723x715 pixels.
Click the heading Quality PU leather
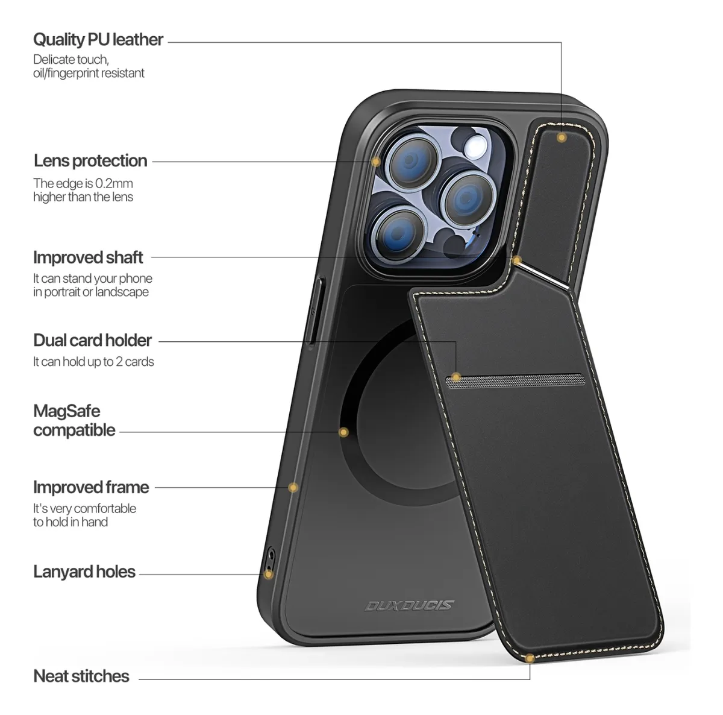pos(98,39)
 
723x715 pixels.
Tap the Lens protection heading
pos(90,161)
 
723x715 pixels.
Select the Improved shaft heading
pos(88,257)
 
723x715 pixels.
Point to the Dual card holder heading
pos(92,341)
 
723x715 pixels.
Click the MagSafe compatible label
pos(74,421)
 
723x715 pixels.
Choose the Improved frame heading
pos(91,488)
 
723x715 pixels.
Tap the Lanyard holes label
pos(84,572)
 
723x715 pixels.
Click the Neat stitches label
pos(81,676)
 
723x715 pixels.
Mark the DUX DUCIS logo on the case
pos(410,606)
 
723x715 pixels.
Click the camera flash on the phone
pos(476,146)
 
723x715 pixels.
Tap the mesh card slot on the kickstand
pos(515,380)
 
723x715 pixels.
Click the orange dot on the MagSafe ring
pos(343,432)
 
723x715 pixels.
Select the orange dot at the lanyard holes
pos(268,575)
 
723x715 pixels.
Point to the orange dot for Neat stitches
pos(530,658)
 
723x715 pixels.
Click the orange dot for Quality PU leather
pos(562,137)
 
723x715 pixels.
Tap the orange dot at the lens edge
pos(375,162)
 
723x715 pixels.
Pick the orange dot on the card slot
pos(456,377)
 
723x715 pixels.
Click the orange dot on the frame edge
pos(293,488)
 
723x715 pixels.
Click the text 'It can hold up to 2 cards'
pos(93,362)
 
